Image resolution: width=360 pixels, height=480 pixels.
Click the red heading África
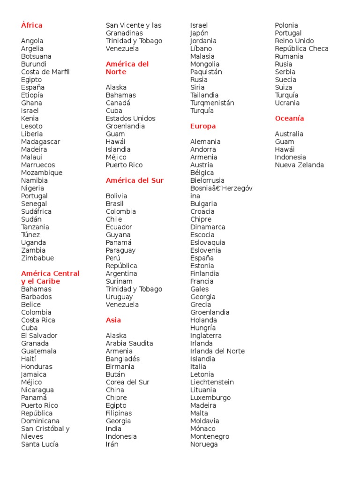(x=31, y=25)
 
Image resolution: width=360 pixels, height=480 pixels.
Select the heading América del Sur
(x=135, y=180)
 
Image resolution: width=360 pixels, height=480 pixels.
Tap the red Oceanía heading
(x=289, y=119)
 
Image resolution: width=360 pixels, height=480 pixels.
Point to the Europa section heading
(x=203, y=126)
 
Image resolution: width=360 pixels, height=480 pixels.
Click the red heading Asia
(x=113, y=320)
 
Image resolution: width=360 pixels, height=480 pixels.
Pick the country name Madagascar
(x=41, y=142)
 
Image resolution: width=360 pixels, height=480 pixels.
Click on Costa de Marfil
(x=45, y=72)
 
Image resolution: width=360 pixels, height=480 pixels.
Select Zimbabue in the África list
(x=37, y=258)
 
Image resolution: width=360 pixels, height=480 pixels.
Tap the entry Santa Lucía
(x=40, y=444)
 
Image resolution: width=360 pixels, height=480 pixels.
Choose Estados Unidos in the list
(x=130, y=119)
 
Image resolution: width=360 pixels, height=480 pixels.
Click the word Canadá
(x=118, y=103)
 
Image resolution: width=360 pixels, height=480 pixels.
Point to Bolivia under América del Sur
(x=116, y=196)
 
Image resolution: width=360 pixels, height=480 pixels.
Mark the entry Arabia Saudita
(x=129, y=343)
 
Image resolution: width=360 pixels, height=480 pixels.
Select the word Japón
(x=199, y=33)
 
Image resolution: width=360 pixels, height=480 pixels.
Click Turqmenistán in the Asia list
(x=212, y=103)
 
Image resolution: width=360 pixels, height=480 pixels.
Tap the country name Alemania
(x=205, y=142)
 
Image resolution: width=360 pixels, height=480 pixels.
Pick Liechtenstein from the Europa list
(x=212, y=382)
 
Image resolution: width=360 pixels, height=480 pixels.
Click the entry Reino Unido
(x=294, y=41)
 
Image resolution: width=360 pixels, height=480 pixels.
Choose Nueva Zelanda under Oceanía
(x=299, y=165)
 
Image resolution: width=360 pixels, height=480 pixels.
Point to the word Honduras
(x=37, y=367)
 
